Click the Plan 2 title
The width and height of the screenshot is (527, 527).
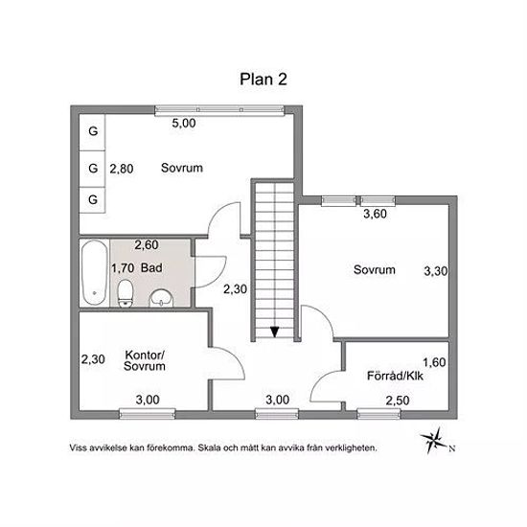coord(263,80)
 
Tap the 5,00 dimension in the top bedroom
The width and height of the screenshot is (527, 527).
coord(184,123)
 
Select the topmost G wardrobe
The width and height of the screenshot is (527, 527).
coord(92,131)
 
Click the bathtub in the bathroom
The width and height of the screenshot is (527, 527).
coord(95,273)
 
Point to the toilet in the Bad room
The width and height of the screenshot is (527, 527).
coord(126,293)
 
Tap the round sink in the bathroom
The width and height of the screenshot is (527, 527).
coord(161,298)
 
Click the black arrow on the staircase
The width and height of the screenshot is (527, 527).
coord(275,332)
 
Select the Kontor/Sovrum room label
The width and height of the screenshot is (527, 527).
coord(145,360)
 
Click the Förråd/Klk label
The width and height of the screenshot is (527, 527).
coord(395,376)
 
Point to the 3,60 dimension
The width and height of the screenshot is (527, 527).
coord(375,214)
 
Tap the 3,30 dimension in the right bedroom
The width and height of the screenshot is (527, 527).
coord(436,271)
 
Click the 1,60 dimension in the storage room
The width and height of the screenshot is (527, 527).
coord(434,362)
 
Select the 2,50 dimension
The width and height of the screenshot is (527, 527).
coord(398,401)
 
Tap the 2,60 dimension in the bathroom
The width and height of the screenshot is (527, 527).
coord(147,245)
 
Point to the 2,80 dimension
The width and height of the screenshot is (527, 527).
coord(122,169)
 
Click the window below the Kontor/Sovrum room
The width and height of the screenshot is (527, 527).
coord(148,414)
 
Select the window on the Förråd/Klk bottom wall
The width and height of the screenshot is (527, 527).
coord(378,414)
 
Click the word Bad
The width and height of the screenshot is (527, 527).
coord(151,268)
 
